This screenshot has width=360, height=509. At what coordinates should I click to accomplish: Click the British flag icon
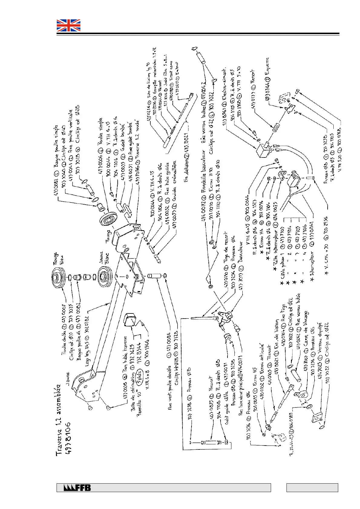coord(69,25)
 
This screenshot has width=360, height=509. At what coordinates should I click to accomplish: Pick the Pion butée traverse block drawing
coord(131,319)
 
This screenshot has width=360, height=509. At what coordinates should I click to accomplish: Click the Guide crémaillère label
coord(175,178)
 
